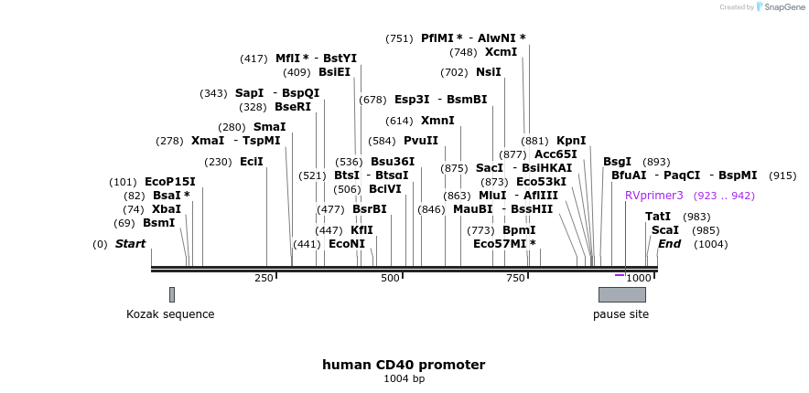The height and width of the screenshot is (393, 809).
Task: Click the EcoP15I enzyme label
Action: coord(169,182)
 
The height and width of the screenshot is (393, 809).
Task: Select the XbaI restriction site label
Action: coord(166,209)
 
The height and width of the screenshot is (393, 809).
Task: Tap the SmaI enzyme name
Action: coord(269,127)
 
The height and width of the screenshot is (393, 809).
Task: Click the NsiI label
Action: coord(488,72)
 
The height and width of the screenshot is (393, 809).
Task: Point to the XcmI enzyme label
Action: coord(501,52)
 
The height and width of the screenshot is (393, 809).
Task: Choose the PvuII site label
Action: coord(421,141)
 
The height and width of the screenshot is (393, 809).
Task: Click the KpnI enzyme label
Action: coord(571,141)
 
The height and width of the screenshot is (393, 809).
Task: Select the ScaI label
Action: coord(664,230)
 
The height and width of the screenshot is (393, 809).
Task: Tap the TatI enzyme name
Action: coord(658,217)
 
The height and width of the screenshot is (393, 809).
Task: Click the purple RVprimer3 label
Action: coord(653,196)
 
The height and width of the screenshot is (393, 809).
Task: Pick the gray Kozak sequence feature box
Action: coord(171,294)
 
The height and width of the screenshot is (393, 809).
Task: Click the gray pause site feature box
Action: coord(621,294)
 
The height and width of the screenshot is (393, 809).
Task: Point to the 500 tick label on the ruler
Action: coord(390,278)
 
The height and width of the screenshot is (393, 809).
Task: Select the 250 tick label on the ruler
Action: coord(264,278)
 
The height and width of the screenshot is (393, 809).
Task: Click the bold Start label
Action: coord(130,244)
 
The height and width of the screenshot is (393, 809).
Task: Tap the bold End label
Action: coord(669,244)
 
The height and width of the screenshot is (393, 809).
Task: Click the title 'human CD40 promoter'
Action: coord(404,365)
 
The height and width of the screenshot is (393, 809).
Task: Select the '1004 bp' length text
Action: coord(404,378)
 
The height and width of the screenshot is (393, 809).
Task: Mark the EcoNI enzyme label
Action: coord(347,244)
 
